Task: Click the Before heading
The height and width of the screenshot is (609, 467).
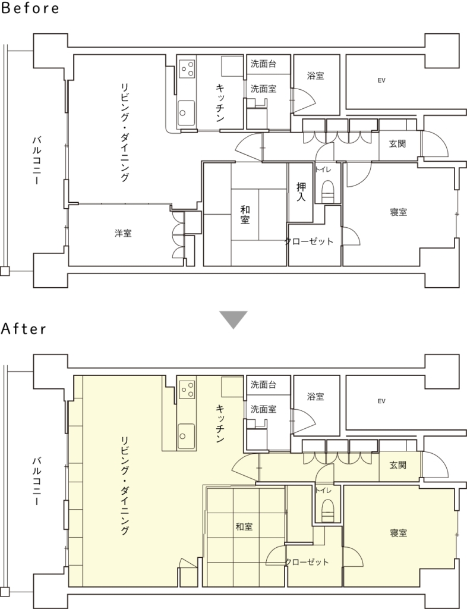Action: point(30,8)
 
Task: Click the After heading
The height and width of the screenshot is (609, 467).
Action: point(24,329)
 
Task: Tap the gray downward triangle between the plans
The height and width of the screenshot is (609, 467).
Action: point(233,319)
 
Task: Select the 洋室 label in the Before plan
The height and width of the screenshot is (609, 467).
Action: point(123,233)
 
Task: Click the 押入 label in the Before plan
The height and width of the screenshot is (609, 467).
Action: point(301,192)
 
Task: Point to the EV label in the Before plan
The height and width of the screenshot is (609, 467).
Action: point(381,80)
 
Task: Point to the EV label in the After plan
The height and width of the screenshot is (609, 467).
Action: point(381,401)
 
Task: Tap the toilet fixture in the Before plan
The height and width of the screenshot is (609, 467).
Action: point(328,191)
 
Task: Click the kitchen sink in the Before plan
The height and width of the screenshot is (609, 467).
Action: point(186,112)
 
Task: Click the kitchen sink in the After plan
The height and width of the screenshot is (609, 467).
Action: point(186,436)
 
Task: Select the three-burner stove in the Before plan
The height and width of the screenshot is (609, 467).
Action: point(187,69)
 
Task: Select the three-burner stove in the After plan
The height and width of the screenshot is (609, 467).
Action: point(187,390)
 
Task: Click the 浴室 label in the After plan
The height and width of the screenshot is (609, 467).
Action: point(315,397)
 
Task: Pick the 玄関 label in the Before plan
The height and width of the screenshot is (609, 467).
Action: point(397,144)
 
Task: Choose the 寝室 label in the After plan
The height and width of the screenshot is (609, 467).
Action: point(398,533)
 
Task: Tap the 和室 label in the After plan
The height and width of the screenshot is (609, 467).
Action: point(244,527)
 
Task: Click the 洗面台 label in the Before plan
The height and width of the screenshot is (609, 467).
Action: point(263,64)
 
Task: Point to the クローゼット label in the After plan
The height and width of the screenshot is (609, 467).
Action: point(307,562)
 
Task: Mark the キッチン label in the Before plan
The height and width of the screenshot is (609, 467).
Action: point(220,102)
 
